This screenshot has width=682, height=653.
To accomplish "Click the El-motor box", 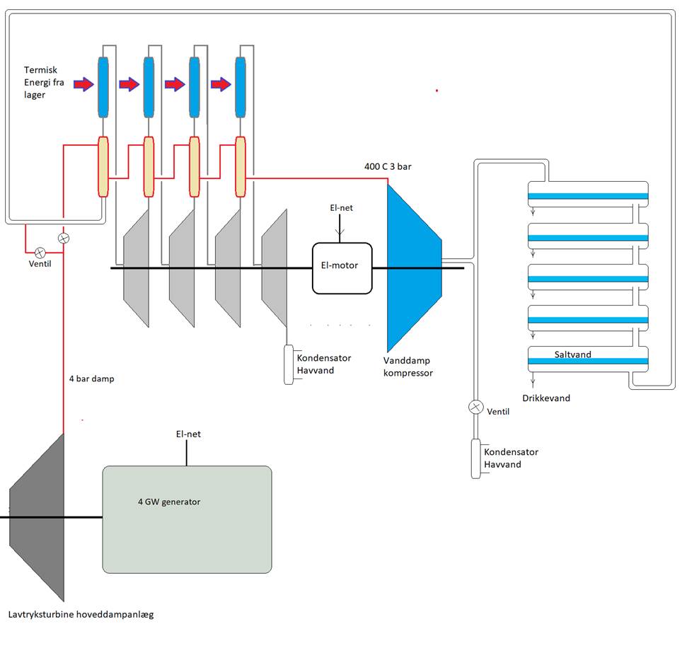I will [x=342, y=267].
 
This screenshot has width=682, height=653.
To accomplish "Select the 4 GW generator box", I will [x=187, y=519].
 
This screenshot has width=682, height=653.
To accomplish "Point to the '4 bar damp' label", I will [x=91, y=379].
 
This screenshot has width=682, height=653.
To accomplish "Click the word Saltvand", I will [x=573, y=353].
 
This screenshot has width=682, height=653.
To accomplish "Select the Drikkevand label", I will [x=547, y=398].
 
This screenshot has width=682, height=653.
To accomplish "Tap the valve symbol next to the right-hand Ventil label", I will [x=475, y=408].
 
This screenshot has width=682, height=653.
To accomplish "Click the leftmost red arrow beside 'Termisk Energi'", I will [x=83, y=85].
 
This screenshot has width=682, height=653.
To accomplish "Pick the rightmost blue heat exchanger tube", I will [x=242, y=87].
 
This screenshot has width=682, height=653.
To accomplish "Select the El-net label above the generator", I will [x=188, y=434].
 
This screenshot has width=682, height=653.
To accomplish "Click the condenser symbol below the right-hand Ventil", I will [x=476, y=458].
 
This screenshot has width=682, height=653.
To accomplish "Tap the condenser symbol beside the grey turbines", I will [x=289, y=364].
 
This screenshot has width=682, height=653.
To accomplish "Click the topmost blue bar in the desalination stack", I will [x=587, y=196].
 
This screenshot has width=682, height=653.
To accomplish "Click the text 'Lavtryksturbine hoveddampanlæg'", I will [x=81, y=615].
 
